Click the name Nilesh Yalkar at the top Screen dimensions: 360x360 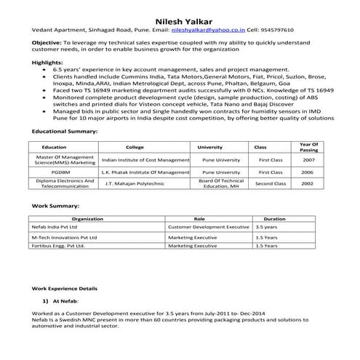180,20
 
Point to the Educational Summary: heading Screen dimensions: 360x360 65,131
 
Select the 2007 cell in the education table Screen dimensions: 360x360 308,159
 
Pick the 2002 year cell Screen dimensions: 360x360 308,184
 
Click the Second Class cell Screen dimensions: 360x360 270,184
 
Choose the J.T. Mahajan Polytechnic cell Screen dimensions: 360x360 135,184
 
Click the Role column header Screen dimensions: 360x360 200,218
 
